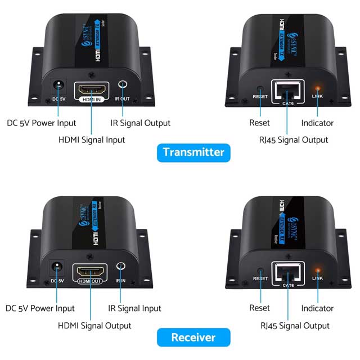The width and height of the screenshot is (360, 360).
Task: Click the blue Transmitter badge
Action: tap(193, 152)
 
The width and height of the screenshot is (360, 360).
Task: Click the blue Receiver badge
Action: tap(193, 337)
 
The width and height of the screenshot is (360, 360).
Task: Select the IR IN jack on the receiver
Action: tap(120, 268)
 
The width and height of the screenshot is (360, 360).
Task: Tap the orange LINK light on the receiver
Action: tap(317, 271)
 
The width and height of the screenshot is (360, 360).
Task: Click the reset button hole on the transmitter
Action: tap(259, 89)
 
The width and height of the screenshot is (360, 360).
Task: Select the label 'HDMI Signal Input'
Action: tap(92, 139)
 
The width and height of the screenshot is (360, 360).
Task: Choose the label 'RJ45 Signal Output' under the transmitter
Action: tap(294, 139)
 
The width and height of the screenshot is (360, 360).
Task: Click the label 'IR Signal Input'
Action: tap(134, 308)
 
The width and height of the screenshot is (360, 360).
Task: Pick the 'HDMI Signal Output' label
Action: tap(94, 325)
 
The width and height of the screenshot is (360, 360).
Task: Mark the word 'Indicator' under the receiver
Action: tap(317, 308)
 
